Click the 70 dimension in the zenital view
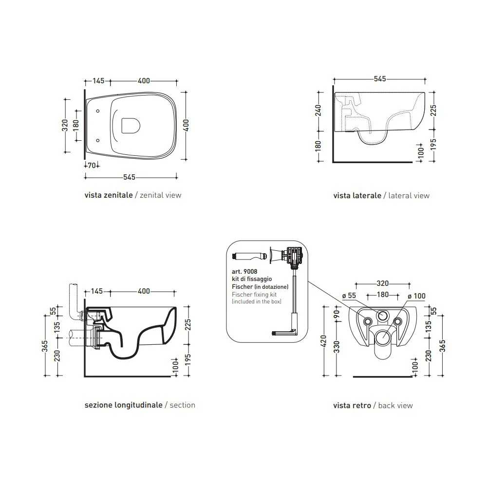(92, 166)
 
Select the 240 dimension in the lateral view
(318, 110)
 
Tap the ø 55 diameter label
(349, 296)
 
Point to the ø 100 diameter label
(416, 296)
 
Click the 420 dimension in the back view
(324, 341)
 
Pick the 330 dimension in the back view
(337, 347)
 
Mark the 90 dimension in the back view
(337, 314)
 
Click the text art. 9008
(244, 271)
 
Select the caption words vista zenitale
(109, 195)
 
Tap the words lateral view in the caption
(409, 195)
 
